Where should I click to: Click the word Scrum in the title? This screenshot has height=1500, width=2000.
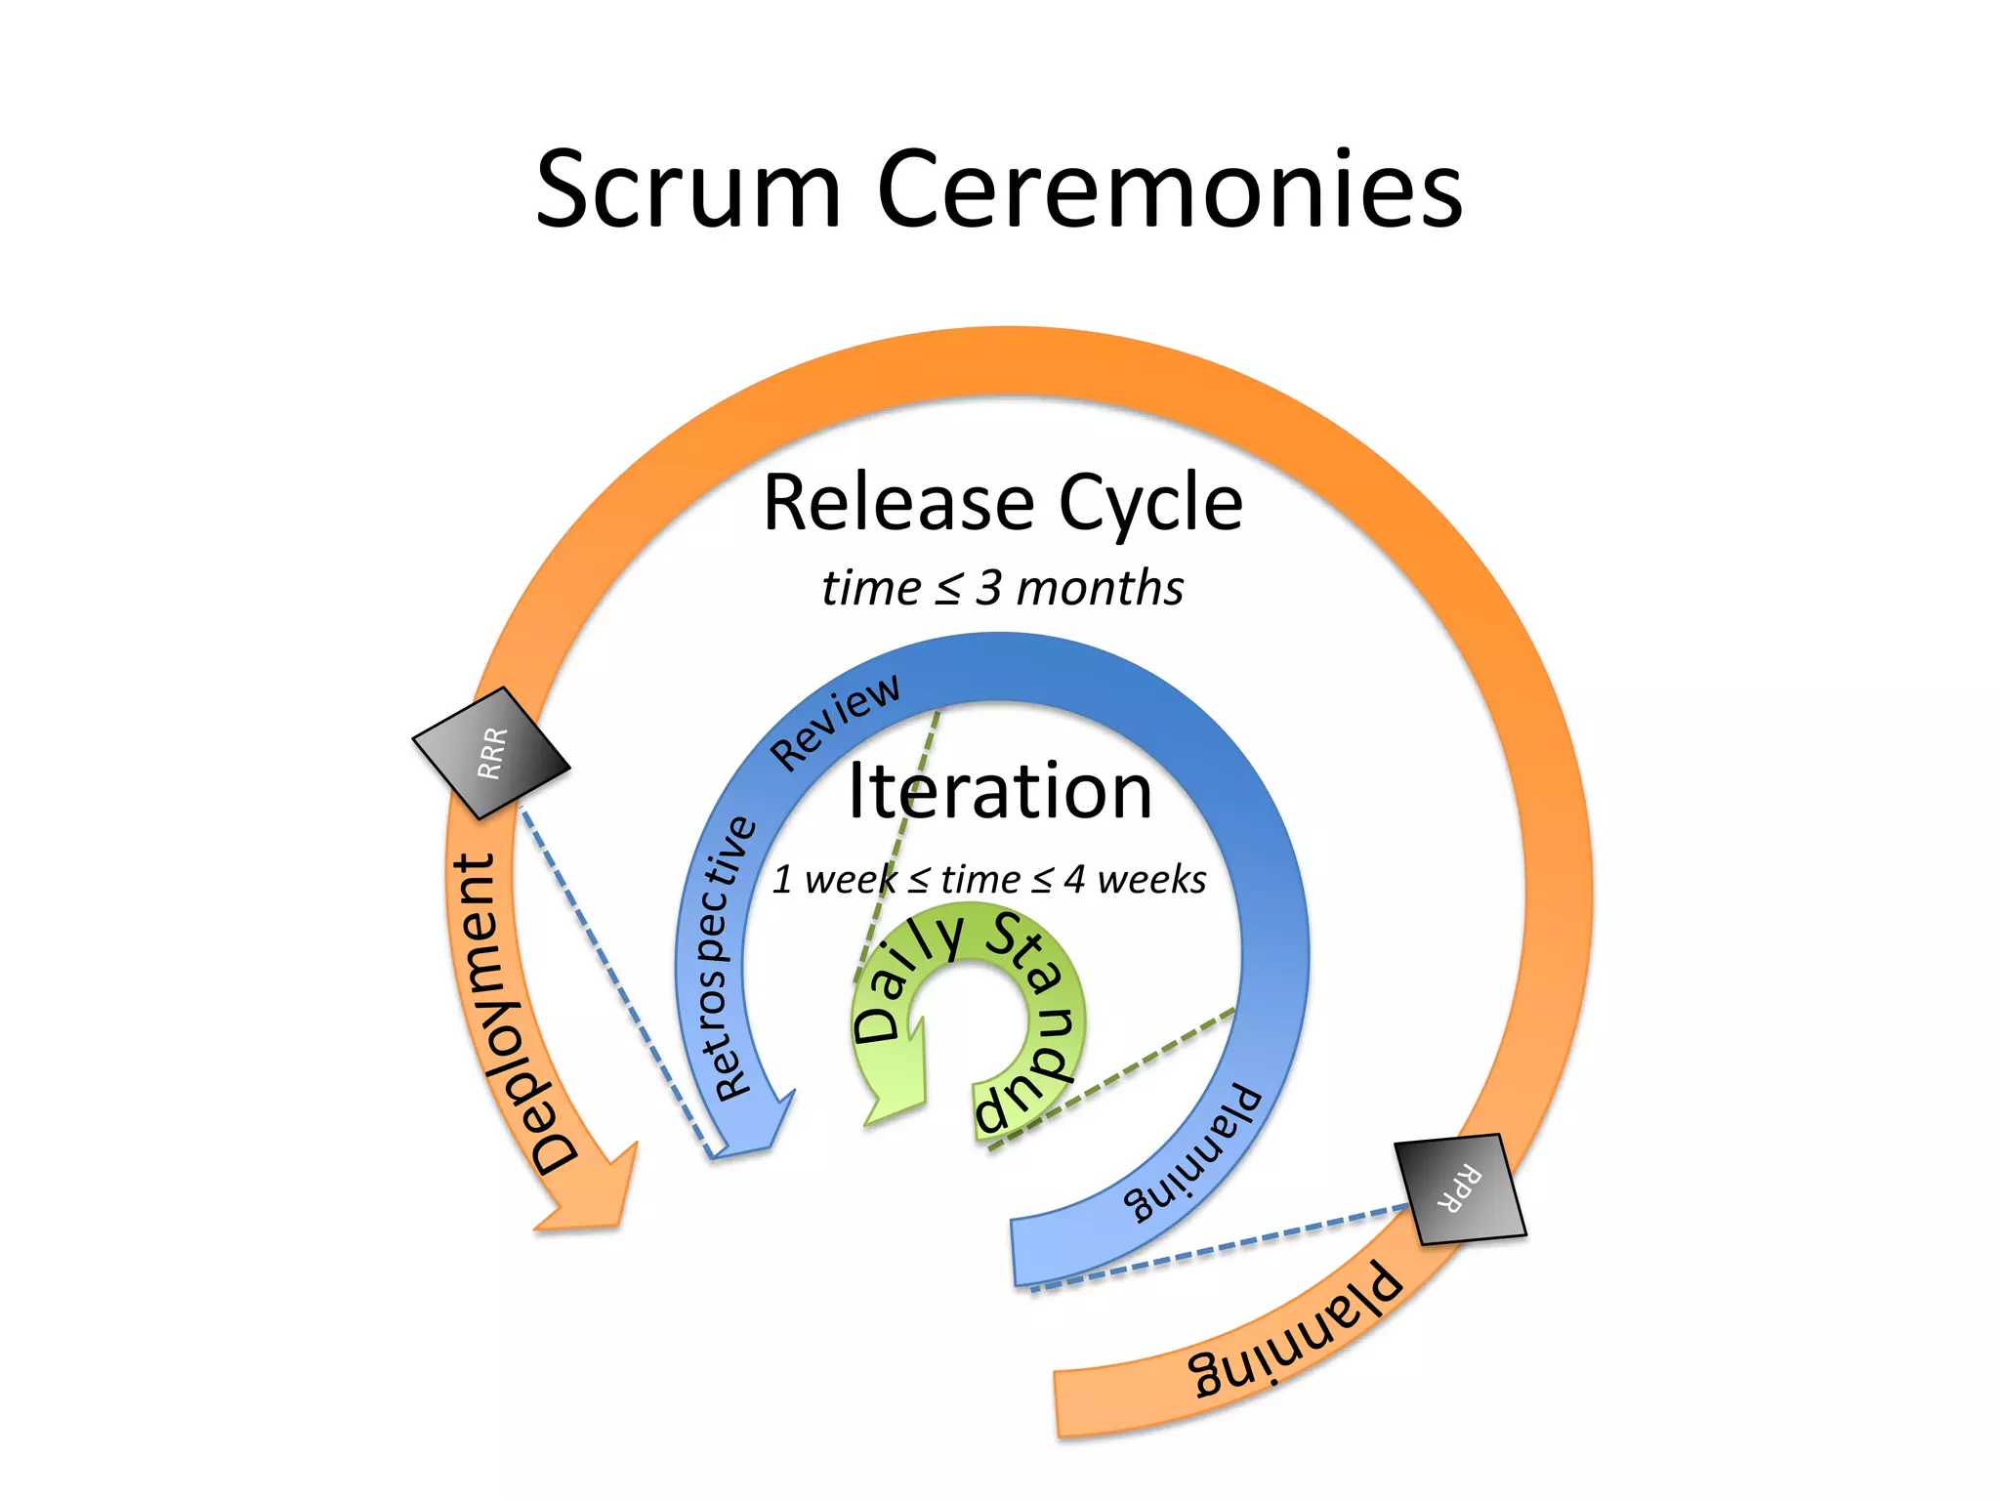click(x=687, y=189)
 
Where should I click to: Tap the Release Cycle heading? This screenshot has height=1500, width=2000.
click(x=1002, y=503)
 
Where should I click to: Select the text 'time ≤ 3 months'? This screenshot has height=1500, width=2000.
click(x=1002, y=588)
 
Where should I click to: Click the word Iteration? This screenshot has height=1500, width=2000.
click(x=1000, y=791)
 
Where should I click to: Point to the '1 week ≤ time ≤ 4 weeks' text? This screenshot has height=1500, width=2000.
click(x=988, y=879)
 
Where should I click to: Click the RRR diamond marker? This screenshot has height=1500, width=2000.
click(x=491, y=753)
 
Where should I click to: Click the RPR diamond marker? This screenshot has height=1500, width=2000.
click(x=1460, y=1188)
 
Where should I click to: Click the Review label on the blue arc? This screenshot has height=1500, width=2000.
click(x=835, y=722)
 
